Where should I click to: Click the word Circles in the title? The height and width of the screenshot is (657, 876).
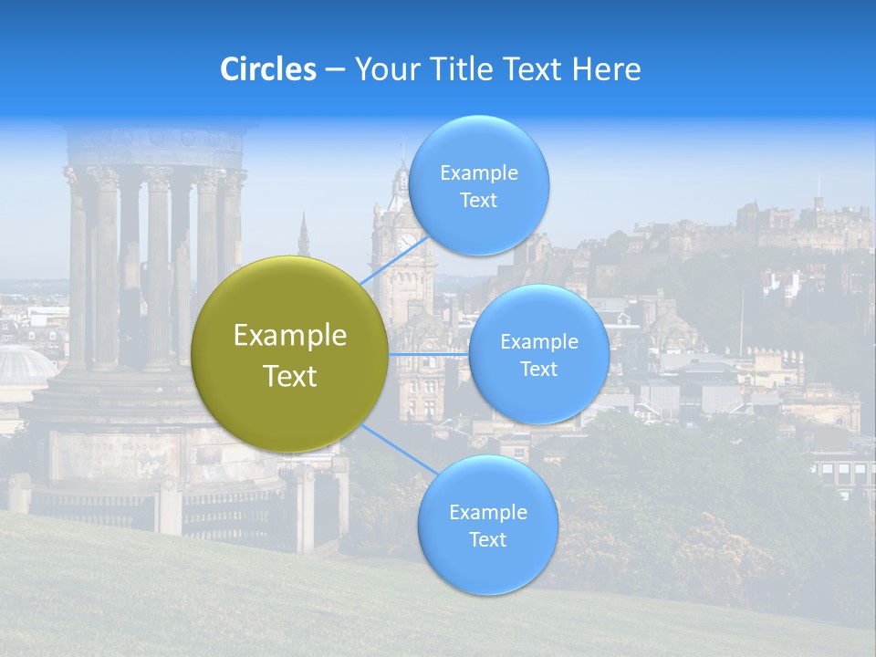pos(268,69)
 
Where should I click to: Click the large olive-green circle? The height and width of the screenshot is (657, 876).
pos(290,354)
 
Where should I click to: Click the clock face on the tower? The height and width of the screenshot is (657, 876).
pos(405,243)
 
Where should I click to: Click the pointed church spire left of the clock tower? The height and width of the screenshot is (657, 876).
pos(303,235)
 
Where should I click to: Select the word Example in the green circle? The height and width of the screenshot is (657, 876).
pos(290,336)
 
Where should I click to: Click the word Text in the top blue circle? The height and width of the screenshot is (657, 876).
pos(479,201)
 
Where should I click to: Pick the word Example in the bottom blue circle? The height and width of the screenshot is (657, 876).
pos(487,512)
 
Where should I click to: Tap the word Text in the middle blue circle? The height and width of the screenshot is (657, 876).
pos(538,369)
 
